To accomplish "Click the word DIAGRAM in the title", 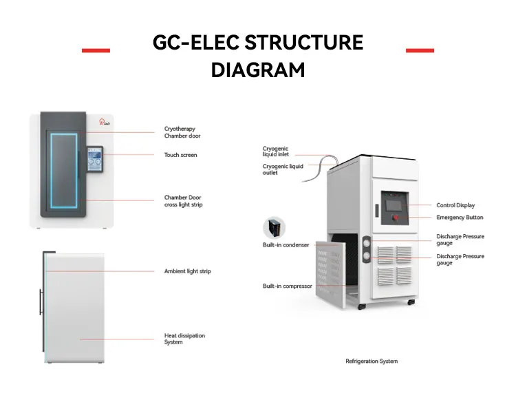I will tap(257, 70).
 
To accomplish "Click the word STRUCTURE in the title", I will tap(303, 43).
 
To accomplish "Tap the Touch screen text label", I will tap(180, 155).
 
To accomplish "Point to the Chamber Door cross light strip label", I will tap(183, 201).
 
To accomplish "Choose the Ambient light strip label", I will tap(187, 271).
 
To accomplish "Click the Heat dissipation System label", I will tap(184, 339).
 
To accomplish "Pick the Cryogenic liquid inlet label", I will tap(275, 151).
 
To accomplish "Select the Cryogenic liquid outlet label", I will tap(282, 169).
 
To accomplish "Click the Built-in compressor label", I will tap(288, 286).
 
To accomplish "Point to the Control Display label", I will tap(455, 205).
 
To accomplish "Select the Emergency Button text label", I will tap(460, 218).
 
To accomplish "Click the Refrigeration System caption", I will tap(372, 361).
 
